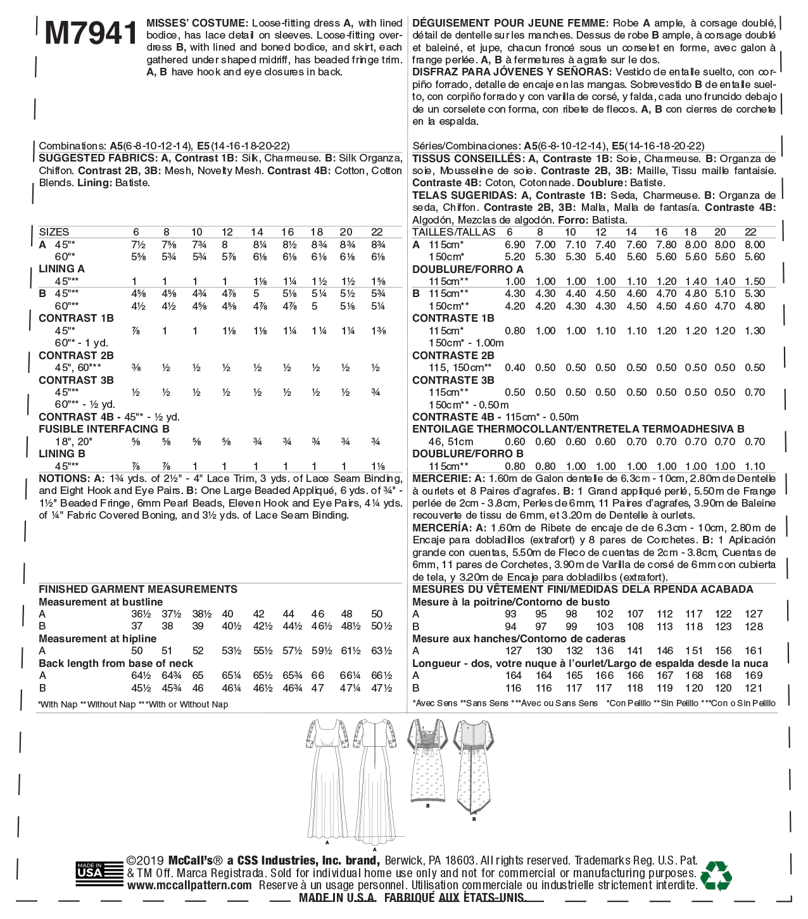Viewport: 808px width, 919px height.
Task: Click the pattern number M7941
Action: pyautogui.click(x=91, y=33)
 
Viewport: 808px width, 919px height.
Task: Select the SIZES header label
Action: pyautogui.click(x=54, y=232)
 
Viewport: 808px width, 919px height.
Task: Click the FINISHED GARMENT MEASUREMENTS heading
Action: pyautogui.click(x=138, y=589)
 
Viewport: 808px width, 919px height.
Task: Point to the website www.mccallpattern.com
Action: pyautogui.click(x=189, y=885)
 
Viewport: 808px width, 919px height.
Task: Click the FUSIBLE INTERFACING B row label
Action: pyautogui.click(x=104, y=429)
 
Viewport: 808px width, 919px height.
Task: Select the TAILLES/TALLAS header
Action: pyautogui.click(x=454, y=232)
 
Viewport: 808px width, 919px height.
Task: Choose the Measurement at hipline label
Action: pyautogui.click(x=98, y=638)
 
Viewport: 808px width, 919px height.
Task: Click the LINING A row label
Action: pyautogui.click(x=61, y=269)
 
